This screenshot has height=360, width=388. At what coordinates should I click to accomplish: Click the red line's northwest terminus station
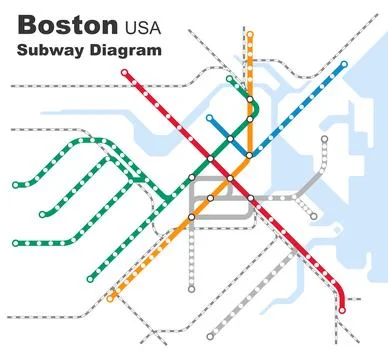(x=124, y=72)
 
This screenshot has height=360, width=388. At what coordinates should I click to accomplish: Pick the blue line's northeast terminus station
(x=344, y=65)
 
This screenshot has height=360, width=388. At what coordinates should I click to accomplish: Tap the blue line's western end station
(x=210, y=118)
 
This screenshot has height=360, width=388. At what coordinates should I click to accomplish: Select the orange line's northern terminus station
(x=250, y=35)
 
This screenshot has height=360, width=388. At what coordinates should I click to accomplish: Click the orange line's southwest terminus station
(x=110, y=298)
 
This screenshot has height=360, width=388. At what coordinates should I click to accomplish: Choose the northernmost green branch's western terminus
(x=14, y=185)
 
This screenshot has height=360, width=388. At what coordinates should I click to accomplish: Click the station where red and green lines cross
(x=210, y=157)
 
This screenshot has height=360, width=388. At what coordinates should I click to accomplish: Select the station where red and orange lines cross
(x=229, y=178)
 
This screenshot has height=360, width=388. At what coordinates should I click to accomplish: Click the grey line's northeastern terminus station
(x=324, y=140)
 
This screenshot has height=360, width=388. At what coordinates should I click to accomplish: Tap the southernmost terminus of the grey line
(x=191, y=290)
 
